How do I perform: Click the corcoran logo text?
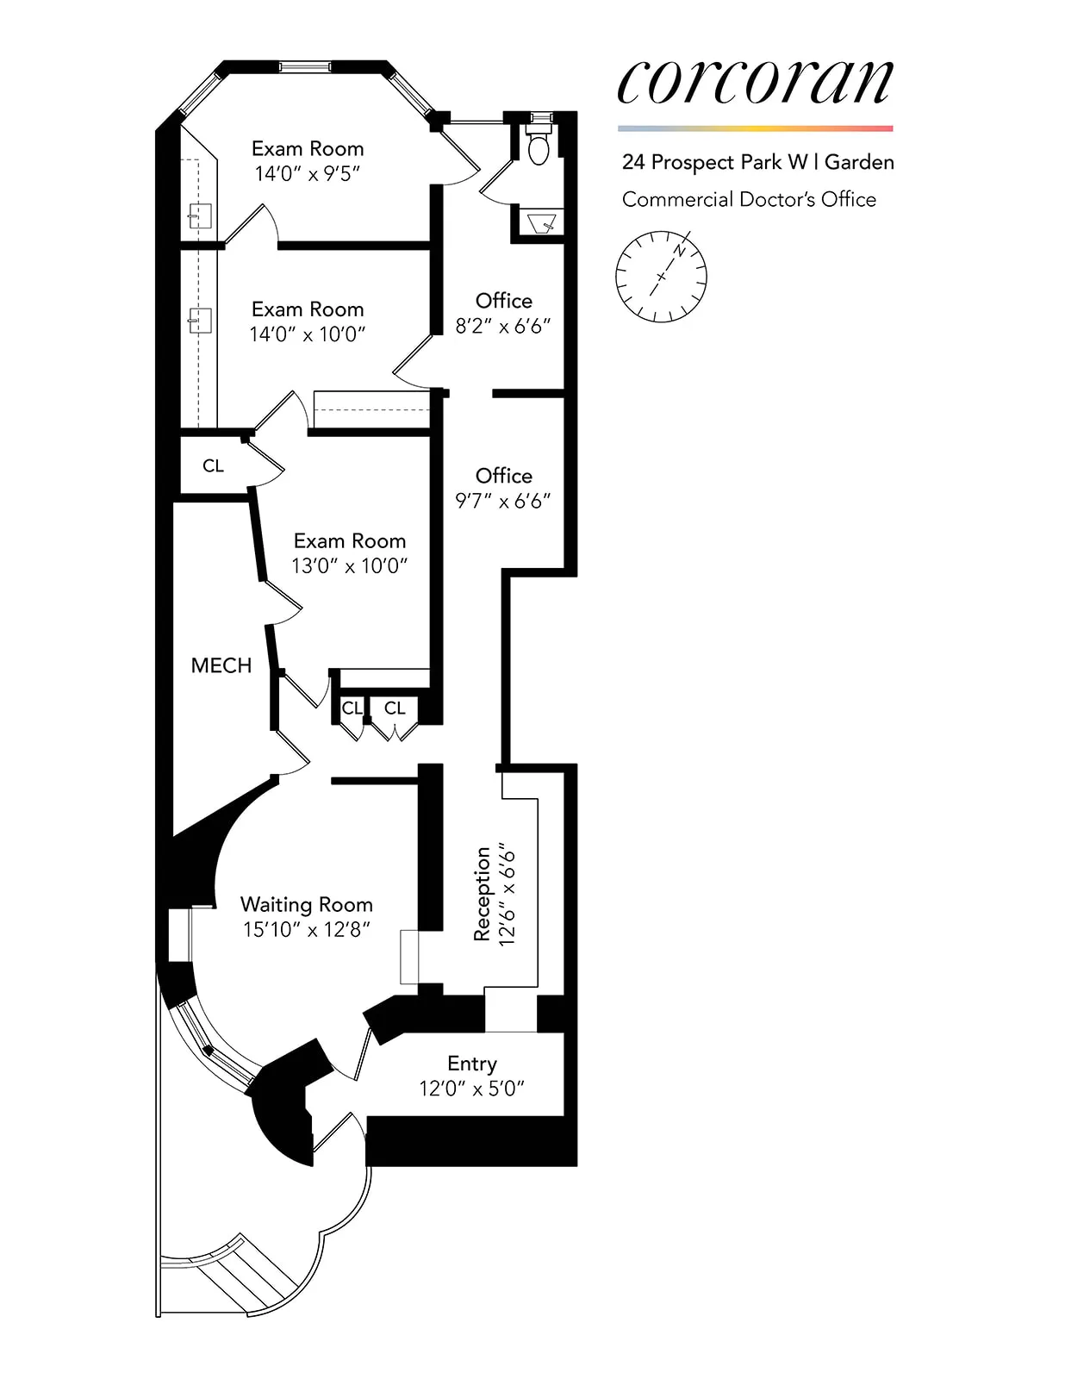[x=755, y=83]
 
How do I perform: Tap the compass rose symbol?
[x=661, y=277]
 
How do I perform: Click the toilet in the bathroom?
[x=539, y=147]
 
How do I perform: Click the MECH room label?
[x=221, y=665]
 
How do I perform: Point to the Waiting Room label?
[x=306, y=904]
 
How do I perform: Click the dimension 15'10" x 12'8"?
[x=306, y=929]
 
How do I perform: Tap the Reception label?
[x=482, y=894]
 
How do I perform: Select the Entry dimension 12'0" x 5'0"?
[x=471, y=1089]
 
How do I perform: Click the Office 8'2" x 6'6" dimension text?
[x=503, y=326]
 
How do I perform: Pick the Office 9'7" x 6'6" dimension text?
[x=503, y=501]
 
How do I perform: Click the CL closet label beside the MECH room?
[x=213, y=466]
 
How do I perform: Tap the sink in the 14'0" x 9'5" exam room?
[x=200, y=215]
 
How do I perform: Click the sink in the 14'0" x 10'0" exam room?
[x=200, y=320]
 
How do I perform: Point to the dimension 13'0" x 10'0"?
[x=349, y=566]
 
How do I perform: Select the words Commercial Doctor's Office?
[x=749, y=199]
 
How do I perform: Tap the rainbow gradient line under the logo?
[x=755, y=128]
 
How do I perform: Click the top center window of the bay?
[x=305, y=66]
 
